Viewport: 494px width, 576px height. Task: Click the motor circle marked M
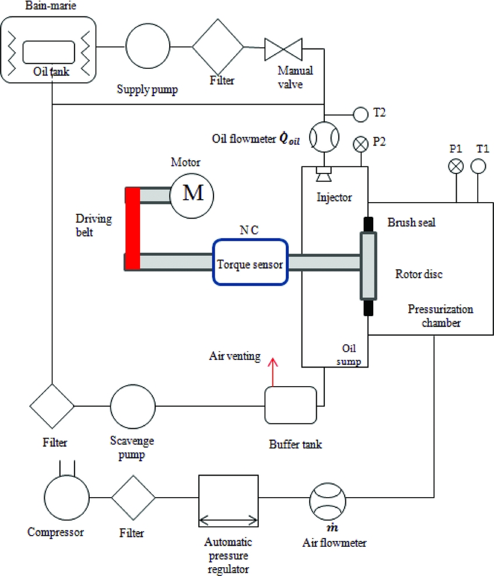click(191, 194)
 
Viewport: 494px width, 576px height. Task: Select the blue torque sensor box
click(250, 262)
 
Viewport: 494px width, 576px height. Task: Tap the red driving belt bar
click(132, 228)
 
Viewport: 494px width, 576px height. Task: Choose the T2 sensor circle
click(361, 113)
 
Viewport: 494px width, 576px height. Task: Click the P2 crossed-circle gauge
click(361, 144)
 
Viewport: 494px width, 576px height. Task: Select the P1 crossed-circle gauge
click(455, 166)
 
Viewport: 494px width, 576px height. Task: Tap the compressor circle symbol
click(67, 497)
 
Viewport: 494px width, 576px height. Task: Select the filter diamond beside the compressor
click(134, 498)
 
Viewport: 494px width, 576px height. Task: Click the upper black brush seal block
click(369, 223)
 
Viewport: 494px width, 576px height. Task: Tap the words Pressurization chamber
click(440, 315)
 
